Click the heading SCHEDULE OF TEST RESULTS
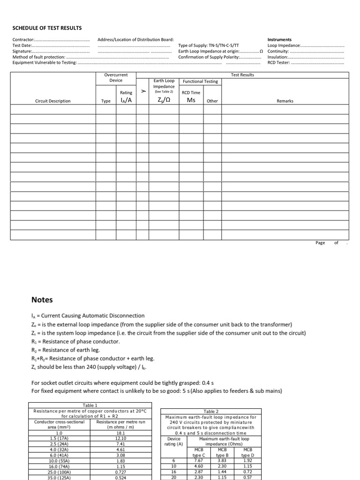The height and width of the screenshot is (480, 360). point(47,28)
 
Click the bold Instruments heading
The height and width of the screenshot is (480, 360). point(279,40)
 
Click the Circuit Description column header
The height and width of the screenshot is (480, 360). point(53,101)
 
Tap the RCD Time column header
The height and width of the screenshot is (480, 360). point(191,92)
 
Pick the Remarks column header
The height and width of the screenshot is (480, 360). point(285,101)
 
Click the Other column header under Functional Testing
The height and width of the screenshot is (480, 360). point(212,101)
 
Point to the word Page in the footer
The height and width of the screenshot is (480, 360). point(320,243)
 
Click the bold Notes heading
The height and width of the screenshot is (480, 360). point(42,300)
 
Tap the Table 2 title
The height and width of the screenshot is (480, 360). point(211,411)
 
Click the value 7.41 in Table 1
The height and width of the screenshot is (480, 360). point(120,443)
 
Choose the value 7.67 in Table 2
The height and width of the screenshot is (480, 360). point(199,460)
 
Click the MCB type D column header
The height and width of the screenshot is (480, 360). point(247,452)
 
